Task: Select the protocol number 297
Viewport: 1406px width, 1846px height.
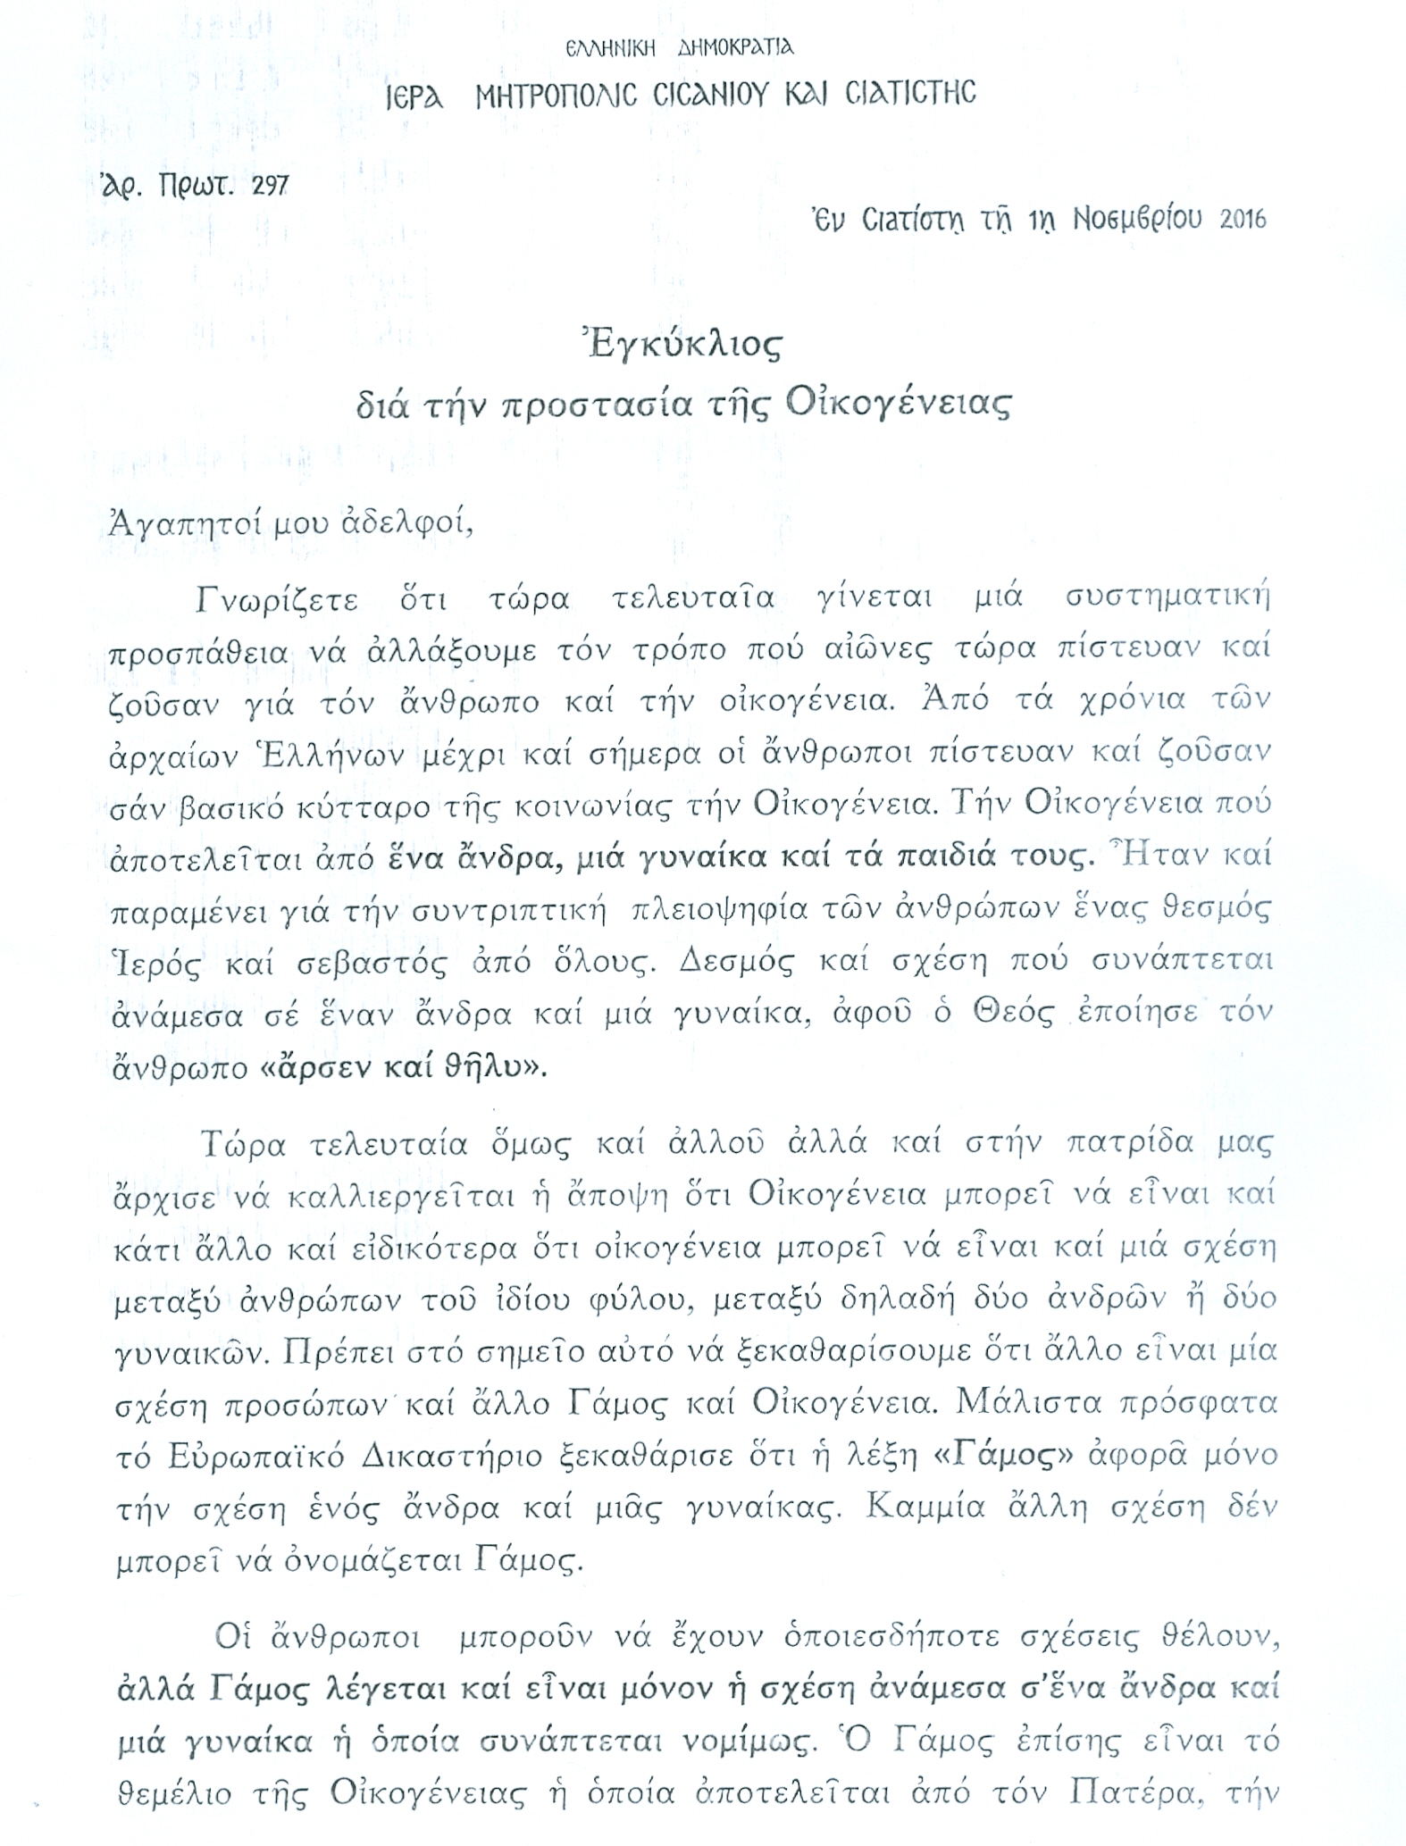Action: coord(272,185)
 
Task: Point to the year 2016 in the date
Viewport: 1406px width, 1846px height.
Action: coord(1243,220)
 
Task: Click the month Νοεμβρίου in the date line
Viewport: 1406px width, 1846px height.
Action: coord(1138,220)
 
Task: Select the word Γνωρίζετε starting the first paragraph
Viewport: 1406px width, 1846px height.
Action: coord(277,598)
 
